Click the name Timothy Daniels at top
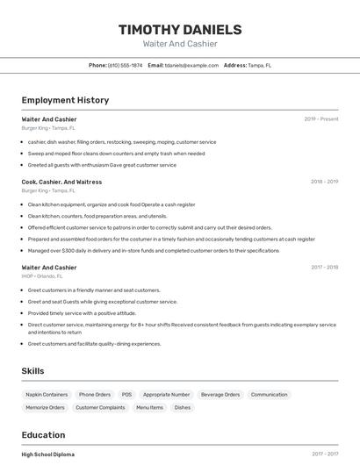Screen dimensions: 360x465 pyautogui.click(x=180, y=29)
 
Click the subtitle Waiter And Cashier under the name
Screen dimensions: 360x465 pyautogui.click(x=180, y=44)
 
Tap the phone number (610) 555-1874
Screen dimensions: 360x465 pyautogui.click(x=125, y=65)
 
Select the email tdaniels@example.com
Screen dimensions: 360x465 pyautogui.click(x=191, y=65)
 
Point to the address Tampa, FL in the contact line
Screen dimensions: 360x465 pyautogui.click(x=259, y=65)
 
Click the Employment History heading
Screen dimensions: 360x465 pyautogui.click(x=65, y=100)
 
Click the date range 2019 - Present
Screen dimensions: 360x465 pyautogui.click(x=321, y=119)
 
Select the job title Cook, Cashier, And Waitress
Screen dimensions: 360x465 pyautogui.click(x=61, y=182)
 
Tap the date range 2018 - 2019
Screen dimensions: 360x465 pyautogui.click(x=324, y=182)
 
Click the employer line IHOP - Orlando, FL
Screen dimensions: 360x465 pyautogui.click(x=42, y=276)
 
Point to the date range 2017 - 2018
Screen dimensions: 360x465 pyautogui.click(x=324, y=268)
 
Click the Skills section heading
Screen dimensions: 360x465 pyautogui.click(x=32, y=371)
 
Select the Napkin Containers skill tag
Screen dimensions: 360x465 pyautogui.click(x=47, y=395)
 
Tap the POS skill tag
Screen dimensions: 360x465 pyautogui.click(x=126, y=395)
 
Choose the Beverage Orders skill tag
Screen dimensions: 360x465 pyautogui.click(x=220, y=395)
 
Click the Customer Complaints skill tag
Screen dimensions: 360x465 pyautogui.click(x=100, y=407)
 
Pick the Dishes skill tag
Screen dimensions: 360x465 pyautogui.click(x=183, y=407)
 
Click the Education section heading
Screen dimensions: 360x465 pyautogui.click(x=43, y=435)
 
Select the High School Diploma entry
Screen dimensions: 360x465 pyautogui.click(x=48, y=454)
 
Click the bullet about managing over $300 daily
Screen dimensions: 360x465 pyautogui.click(x=154, y=250)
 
